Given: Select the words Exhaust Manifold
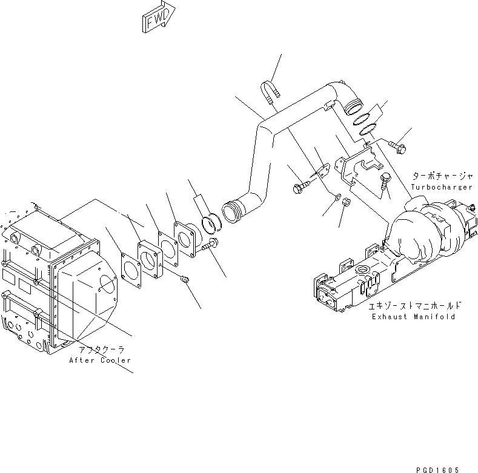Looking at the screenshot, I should click(x=414, y=317).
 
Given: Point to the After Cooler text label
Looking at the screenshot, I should click(x=100, y=360).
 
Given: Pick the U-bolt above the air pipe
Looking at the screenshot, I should click(x=270, y=90).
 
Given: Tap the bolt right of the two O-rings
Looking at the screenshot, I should click(x=399, y=145).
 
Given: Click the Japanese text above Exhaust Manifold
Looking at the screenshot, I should click(x=418, y=306).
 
